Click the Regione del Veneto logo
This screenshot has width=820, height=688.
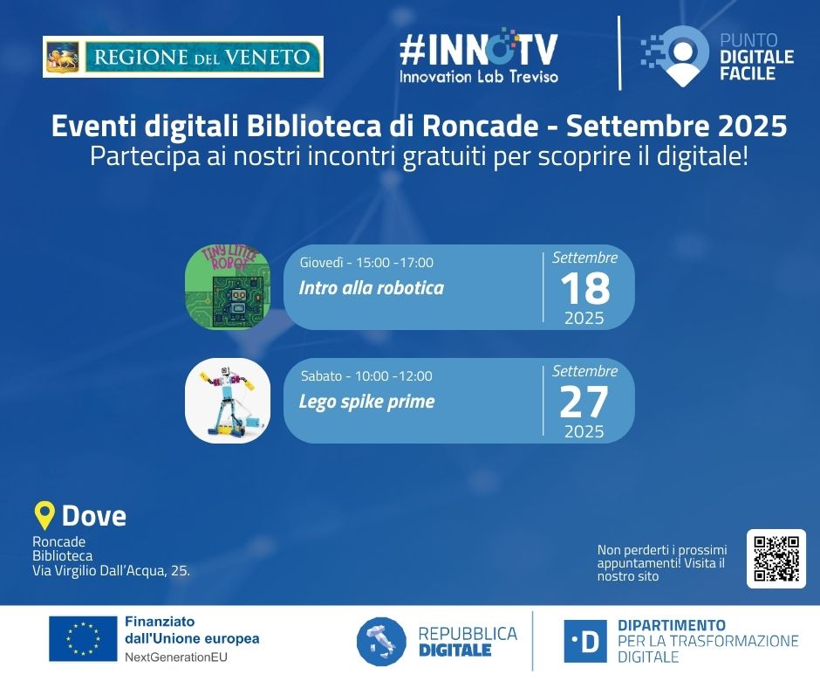[x=183, y=57]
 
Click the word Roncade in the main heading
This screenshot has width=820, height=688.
[x=480, y=126]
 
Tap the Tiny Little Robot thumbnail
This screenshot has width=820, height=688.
[x=228, y=287]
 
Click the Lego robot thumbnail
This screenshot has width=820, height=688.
[x=228, y=401]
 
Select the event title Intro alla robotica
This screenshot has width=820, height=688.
[x=372, y=288]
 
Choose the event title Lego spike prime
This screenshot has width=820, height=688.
[x=366, y=402]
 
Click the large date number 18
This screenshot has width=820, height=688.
[x=585, y=288]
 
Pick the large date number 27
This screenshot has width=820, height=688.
[x=584, y=402]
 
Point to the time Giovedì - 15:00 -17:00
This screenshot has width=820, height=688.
[x=366, y=262]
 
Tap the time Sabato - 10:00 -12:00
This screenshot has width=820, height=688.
[x=366, y=376]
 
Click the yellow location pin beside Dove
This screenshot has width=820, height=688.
[x=44, y=515]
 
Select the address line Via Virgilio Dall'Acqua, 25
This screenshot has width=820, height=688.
[x=111, y=571]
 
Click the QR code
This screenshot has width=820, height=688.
[x=776, y=559]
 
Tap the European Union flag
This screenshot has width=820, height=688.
[x=83, y=639]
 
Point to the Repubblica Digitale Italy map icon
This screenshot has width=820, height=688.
[x=381, y=642]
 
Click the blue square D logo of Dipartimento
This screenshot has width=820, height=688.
[x=585, y=642]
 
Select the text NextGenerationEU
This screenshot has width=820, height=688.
[x=176, y=657]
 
